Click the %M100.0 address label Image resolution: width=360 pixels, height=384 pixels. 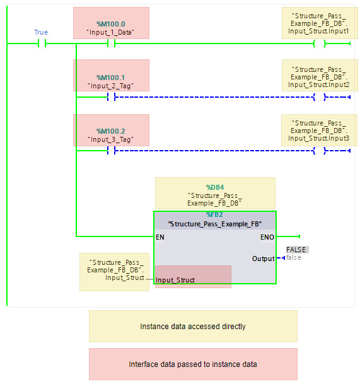111,23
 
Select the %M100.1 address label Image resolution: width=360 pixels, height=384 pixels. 111,77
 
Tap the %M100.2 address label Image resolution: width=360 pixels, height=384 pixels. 111,131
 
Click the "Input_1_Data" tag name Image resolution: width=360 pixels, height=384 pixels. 111,32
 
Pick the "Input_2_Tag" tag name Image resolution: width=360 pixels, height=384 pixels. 111,85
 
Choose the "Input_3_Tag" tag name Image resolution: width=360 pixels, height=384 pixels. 111,139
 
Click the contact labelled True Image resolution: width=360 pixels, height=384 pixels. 42,44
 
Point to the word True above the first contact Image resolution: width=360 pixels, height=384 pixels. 41,32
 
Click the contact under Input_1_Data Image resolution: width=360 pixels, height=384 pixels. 111,44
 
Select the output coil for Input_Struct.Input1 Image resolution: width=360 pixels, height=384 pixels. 319,44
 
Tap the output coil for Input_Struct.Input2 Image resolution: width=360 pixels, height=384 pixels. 319,97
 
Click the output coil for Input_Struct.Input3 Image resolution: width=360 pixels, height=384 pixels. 319,151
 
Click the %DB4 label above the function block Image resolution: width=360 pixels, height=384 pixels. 215,187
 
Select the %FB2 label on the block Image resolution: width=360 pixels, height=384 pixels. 215,215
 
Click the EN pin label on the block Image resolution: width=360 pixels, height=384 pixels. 160,237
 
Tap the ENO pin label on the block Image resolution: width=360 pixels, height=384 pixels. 267,237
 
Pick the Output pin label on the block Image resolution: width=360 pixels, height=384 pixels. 263,259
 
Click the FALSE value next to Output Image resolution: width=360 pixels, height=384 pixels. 296,250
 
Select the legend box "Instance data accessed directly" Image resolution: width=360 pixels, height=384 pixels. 193,327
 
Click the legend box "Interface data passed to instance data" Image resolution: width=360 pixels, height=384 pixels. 193,364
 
